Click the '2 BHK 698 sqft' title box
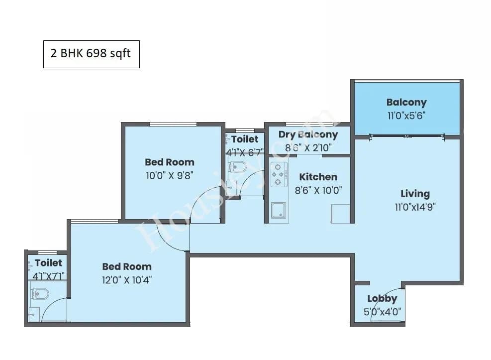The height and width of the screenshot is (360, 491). (91, 54)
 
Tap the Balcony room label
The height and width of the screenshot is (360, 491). (406, 103)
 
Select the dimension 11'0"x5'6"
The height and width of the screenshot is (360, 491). (406, 115)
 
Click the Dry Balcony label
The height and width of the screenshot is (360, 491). (308, 134)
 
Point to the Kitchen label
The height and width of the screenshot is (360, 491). (318, 177)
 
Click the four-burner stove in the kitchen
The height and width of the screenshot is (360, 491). (280, 177)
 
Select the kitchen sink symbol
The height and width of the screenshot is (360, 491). (279, 211)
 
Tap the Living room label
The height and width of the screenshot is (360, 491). (415, 194)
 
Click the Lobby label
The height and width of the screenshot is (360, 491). (382, 299)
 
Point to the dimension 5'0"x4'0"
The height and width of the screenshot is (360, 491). (382, 312)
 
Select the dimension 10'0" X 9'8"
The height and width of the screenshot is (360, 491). (169, 175)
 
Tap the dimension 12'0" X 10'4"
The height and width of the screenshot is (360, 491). (127, 279)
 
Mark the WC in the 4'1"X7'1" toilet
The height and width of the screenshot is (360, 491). (39, 294)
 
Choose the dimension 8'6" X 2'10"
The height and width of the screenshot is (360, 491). (308, 147)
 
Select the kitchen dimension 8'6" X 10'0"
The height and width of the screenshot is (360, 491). (318, 190)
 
